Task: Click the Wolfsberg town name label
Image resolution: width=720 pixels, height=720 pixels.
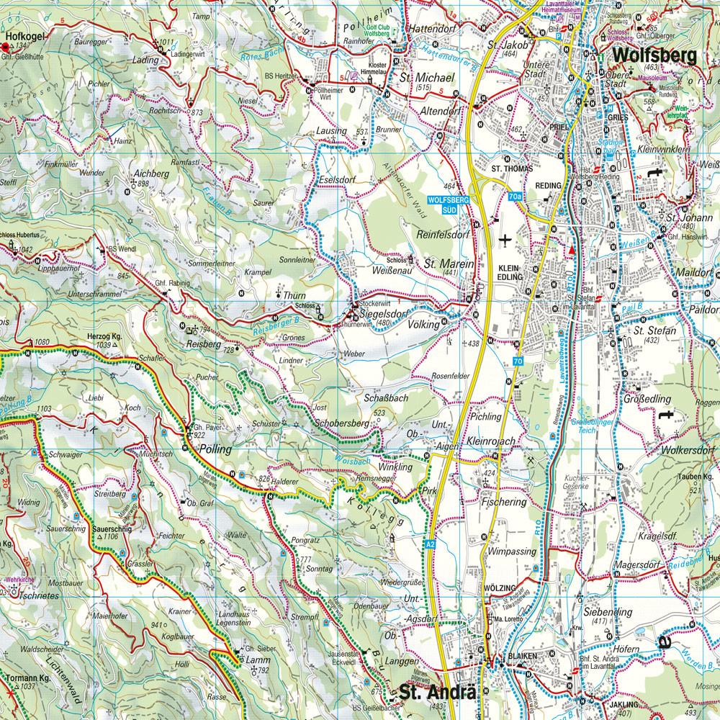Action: pyautogui.click(x=654, y=57)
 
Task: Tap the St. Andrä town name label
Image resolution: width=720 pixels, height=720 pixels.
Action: pyautogui.click(x=438, y=694)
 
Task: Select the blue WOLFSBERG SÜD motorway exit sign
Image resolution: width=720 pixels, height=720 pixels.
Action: pyautogui.click(x=449, y=203)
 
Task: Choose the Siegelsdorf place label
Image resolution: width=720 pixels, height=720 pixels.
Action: pyautogui.click(x=377, y=312)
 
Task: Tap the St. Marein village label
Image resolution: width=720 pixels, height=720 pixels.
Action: pyautogui.click(x=449, y=264)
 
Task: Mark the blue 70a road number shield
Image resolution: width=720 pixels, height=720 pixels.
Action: pyautogui.click(x=514, y=196)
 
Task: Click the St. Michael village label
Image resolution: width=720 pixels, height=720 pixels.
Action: pyautogui.click(x=428, y=77)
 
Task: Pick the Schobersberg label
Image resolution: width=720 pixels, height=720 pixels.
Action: pyautogui.click(x=341, y=425)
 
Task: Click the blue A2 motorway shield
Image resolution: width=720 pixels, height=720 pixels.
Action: pyautogui.click(x=430, y=544)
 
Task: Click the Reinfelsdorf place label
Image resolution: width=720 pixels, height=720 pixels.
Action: pyautogui.click(x=444, y=233)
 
